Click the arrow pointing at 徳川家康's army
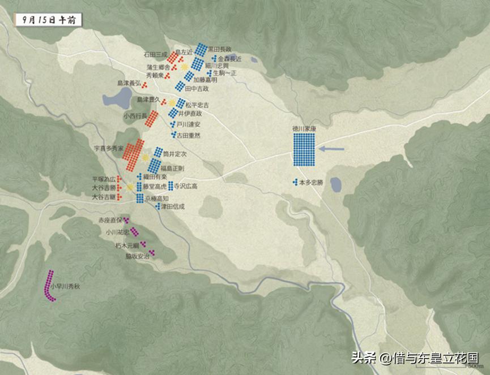pyautogui.click(x=331, y=149)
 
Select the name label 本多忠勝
pyautogui.click(x=311, y=183)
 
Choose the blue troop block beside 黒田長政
pyautogui.click(x=201, y=50)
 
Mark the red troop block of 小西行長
pyautogui.click(x=152, y=118)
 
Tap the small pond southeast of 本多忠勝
pyautogui.click(x=335, y=184)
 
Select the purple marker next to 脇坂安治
pyautogui.click(x=152, y=253)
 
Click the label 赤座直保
pyautogui.click(x=111, y=219)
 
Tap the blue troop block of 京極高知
pyautogui.click(x=139, y=197)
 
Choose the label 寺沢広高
pyautogui.click(x=185, y=186)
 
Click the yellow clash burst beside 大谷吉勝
pyautogui.click(x=130, y=187)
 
